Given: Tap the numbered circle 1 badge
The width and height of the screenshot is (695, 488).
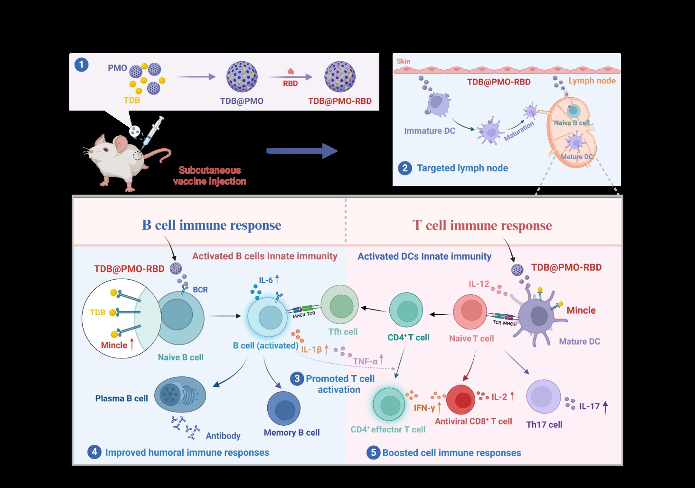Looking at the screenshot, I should click(x=82, y=65).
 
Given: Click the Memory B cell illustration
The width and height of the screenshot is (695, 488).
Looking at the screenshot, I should click(x=284, y=408).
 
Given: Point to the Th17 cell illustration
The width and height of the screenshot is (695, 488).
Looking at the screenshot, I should click(x=544, y=397).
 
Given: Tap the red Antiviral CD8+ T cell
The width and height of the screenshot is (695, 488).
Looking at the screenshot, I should click(x=460, y=400).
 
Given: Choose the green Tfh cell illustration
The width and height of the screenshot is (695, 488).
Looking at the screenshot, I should click(x=339, y=305).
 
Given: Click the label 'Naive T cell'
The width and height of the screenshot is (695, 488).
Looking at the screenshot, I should click(x=471, y=338).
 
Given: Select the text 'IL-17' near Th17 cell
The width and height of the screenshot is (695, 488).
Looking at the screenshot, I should click(x=589, y=406).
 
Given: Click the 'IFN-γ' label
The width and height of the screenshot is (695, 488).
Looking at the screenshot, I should click(x=424, y=408).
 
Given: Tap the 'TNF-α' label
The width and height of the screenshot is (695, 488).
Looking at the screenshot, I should click(x=365, y=362).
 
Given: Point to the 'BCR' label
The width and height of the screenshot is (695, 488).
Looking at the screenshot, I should click(x=200, y=290).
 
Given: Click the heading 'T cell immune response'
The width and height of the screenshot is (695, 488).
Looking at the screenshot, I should click(x=482, y=225).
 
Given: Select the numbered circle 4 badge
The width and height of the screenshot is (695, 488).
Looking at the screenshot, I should click(x=94, y=452).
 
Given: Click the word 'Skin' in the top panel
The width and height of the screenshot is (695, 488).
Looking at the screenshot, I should click(x=404, y=61).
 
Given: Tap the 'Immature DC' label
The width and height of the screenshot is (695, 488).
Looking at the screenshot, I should click(x=429, y=131).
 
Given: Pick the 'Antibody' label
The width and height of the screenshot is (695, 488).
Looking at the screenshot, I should click(x=223, y=436).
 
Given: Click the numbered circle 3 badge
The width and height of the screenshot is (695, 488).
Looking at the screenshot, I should click(x=297, y=378).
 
